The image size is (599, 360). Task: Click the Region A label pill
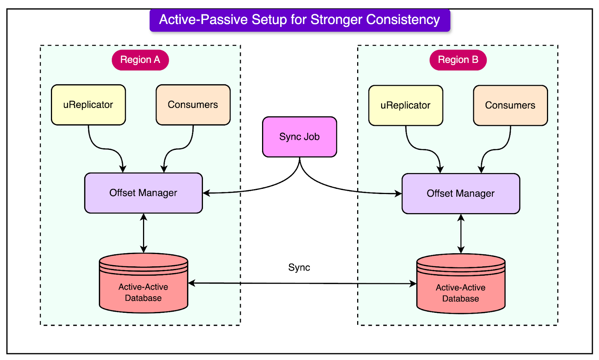click(x=140, y=60)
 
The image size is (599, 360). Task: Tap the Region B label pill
click(x=458, y=60)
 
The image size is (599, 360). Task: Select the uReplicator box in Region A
click(x=88, y=105)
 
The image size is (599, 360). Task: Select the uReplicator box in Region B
click(x=405, y=106)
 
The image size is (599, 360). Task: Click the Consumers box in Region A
click(x=193, y=105)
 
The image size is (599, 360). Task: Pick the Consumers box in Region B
click(x=510, y=106)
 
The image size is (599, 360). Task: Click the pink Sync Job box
click(x=299, y=137)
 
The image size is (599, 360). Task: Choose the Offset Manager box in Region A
click(x=143, y=193)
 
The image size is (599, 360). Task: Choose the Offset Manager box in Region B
click(x=461, y=194)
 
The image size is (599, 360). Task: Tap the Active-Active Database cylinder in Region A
click(x=143, y=288)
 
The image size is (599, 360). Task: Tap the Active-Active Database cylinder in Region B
click(x=461, y=289)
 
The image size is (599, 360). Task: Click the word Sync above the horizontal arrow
click(x=299, y=267)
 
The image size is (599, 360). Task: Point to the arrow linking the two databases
click(x=299, y=284)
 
